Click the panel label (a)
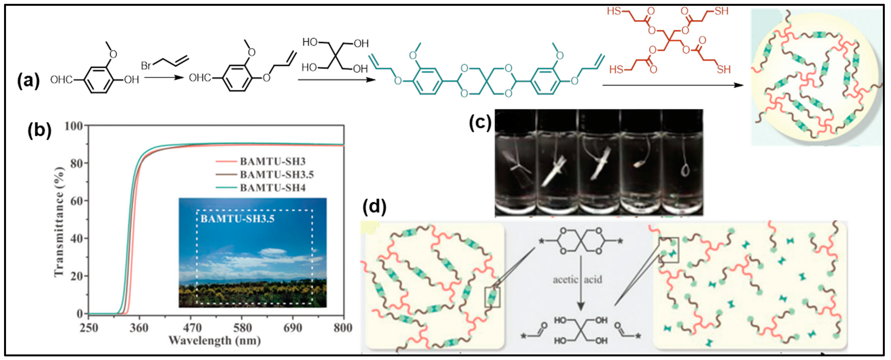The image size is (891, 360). (28, 81)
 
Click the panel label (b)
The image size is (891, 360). (39, 131)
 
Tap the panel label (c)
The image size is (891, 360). (480, 122)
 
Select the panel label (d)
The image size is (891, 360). (374, 207)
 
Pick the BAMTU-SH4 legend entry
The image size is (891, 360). (272, 188)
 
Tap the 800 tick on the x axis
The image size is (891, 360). (343, 327)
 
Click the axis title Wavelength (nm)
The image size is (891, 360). (214, 341)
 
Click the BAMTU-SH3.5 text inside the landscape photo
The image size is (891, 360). (237, 219)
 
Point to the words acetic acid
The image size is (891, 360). (577, 280)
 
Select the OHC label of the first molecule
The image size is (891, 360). (61, 80)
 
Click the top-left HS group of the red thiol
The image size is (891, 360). (614, 11)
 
